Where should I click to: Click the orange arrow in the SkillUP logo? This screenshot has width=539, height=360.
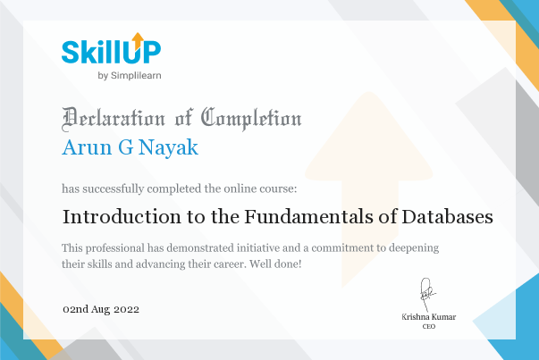click(x=138, y=40)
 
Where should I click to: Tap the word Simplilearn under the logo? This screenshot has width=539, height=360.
click(x=136, y=76)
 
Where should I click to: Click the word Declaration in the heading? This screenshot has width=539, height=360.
click(x=114, y=119)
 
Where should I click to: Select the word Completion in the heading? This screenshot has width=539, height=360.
click(x=251, y=119)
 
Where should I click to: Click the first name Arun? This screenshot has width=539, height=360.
click(x=88, y=147)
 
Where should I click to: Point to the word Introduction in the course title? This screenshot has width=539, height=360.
click(x=122, y=217)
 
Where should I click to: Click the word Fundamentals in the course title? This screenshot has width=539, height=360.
click(x=308, y=217)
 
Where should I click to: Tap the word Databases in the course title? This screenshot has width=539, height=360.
click(x=447, y=217)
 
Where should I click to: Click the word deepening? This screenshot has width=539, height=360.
click(x=414, y=248)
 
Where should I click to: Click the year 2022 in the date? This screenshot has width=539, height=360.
click(x=126, y=309)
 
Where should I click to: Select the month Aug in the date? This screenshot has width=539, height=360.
click(x=101, y=309)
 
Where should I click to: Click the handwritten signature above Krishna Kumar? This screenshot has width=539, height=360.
click(x=426, y=295)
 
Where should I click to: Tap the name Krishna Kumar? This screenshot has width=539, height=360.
click(x=429, y=317)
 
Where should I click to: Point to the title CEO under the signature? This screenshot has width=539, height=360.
click(x=429, y=327)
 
